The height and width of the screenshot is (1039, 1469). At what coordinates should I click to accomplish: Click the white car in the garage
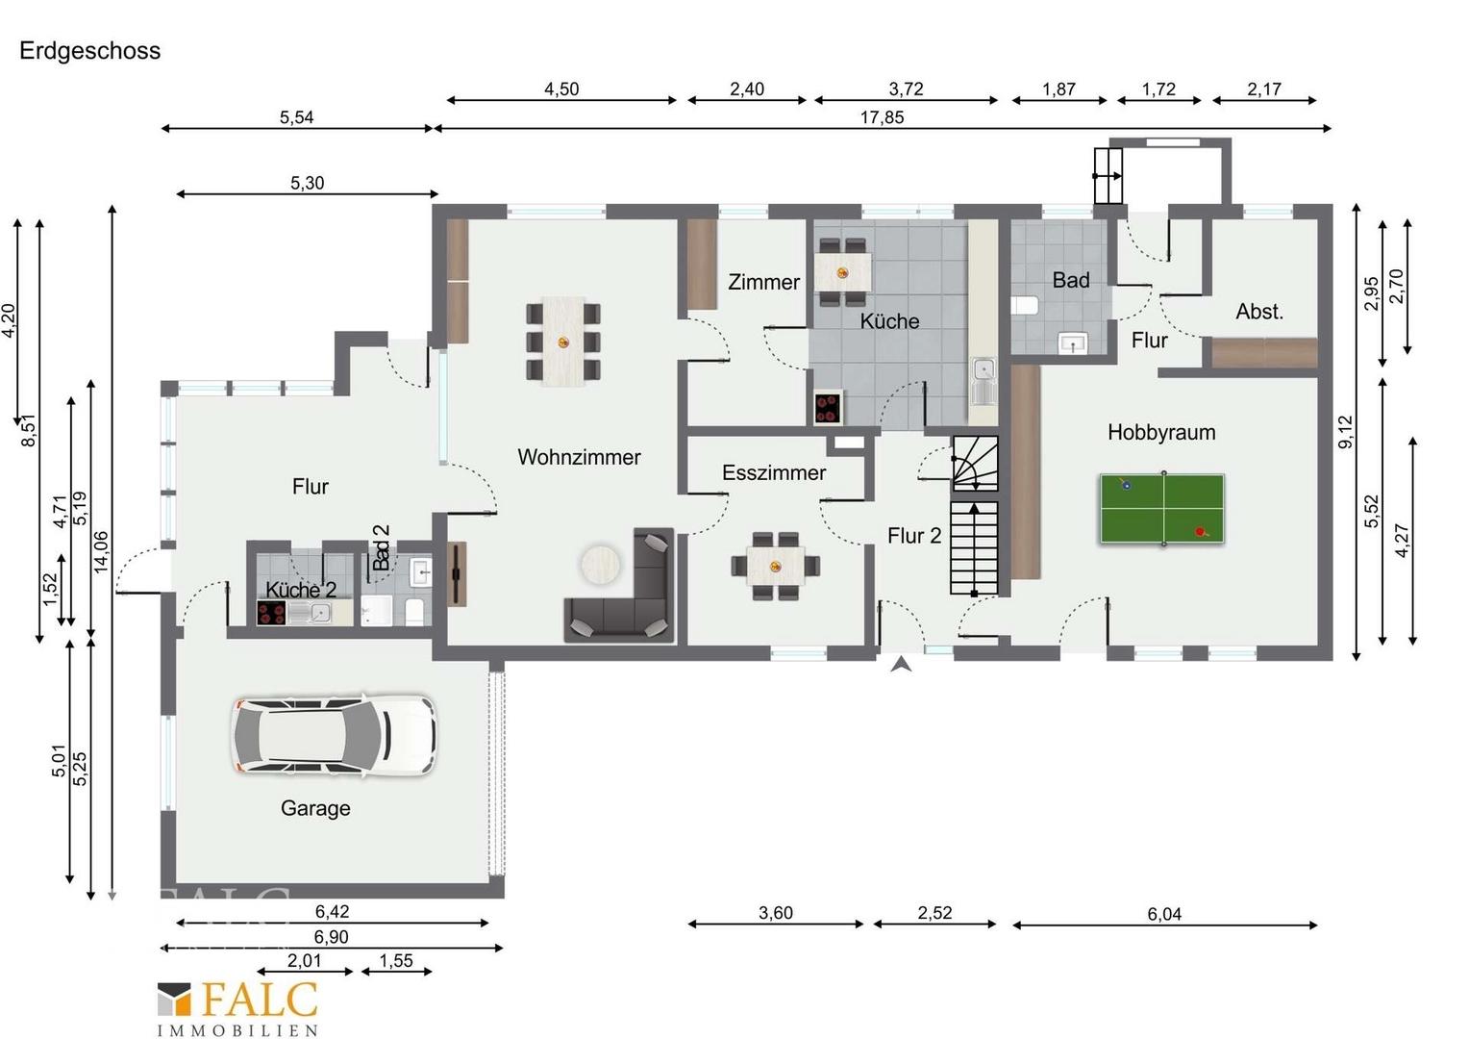[x=335, y=736]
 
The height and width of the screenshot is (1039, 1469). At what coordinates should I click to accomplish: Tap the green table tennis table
[x=1162, y=509]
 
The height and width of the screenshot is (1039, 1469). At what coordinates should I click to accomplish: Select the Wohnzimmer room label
[x=579, y=457]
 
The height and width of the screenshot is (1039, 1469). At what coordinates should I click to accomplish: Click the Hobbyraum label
[x=1161, y=432]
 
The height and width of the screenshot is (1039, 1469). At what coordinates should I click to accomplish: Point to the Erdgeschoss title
[x=89, y=51]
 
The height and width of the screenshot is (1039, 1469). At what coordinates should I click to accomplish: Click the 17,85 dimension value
[x=882, y=116]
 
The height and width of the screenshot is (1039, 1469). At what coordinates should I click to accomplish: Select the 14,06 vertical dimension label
[x=101, y=552]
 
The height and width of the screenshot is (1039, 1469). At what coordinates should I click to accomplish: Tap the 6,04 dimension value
[x=1164, y=914]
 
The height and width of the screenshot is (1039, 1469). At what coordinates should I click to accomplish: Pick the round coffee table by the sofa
[x=601, y=564]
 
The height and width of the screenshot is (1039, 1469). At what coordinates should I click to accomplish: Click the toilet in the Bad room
[x=1025, y=306]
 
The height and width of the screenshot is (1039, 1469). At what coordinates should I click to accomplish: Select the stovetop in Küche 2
[x=271, y=614]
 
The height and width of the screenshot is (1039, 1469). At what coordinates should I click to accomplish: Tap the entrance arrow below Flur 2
[x=901, y=665]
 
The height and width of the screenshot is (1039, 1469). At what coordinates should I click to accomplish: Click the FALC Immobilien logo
[x=238, y=1008]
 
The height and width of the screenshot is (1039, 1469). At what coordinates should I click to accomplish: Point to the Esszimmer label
[x=774, y=472]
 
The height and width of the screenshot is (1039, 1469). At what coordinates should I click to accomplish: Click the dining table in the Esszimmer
[x=776, y=565]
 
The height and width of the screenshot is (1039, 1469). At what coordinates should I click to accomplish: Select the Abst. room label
[x=1259, y=311]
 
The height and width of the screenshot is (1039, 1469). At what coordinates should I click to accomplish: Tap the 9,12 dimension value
[x=1345, y=432]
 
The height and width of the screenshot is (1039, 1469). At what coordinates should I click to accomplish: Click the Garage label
[x=315, y=808]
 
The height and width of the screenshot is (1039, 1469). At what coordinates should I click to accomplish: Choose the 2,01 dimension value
[x=305, y=960]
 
